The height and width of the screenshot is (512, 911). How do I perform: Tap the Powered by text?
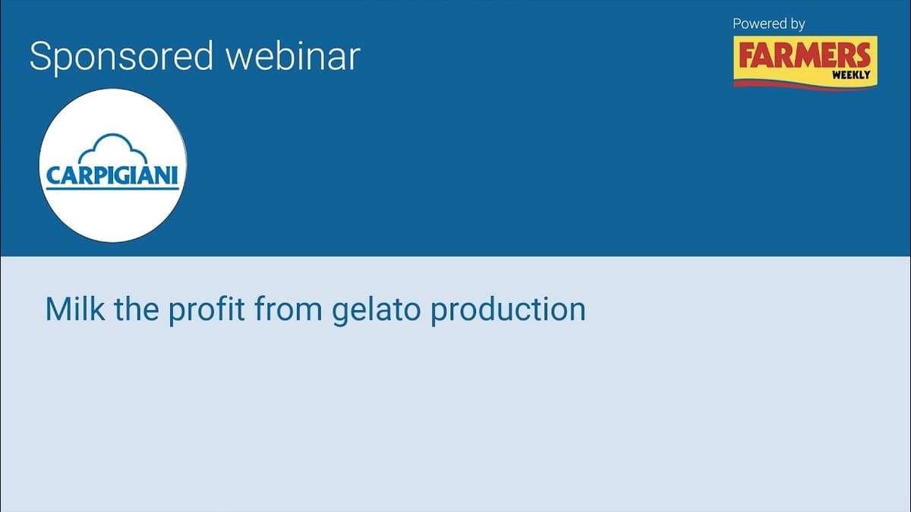[768, 24]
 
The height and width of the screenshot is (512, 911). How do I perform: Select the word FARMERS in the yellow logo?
[804, 56]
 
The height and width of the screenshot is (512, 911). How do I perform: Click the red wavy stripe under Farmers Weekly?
[805, 85]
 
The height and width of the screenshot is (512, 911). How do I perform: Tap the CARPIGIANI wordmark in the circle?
[112, 176]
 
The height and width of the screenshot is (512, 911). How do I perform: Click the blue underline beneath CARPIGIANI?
[112, 190]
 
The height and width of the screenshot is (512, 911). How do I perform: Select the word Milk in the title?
[74, 309]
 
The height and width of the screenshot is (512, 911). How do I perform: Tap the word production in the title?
[508, 310]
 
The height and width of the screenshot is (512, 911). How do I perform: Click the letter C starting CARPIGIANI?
[52, 176]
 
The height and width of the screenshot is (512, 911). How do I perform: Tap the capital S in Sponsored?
[40, 57]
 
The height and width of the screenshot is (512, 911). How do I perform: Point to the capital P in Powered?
[736, 24]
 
